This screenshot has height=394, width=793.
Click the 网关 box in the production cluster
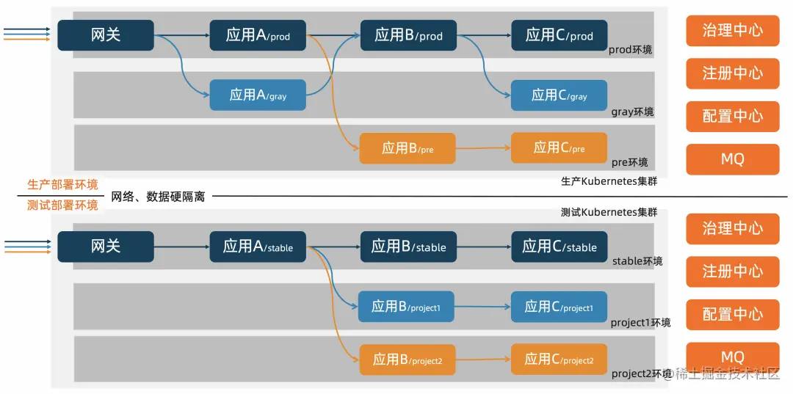click(x=106, y=34)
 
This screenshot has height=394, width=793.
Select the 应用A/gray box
click(x=258, y=95)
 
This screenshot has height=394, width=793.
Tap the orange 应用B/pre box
click(x=408, y=148)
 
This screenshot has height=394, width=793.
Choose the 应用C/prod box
click(x=560, y=34)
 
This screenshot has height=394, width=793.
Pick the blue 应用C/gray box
click(x=560, y=95)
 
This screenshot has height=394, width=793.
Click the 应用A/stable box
click(x=258, y=247)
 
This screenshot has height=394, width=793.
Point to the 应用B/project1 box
click(x=406, y=307)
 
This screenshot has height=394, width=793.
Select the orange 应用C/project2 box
click(x=560, y=359)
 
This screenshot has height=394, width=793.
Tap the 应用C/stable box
click(x=560, y=247)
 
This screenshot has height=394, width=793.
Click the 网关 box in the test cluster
click(x=106, y=247)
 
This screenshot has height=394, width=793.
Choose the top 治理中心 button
click(x=732, y=31)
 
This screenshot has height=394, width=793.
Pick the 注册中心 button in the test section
click(x=732, y=271)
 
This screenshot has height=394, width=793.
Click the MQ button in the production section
click(x=732, y=159)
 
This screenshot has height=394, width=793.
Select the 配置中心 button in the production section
click(x=732, y=116)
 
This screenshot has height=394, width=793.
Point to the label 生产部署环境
click(x=62, y=184)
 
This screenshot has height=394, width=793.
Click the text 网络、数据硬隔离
click(x=158, y=197)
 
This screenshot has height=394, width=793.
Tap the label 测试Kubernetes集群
click(x=609, y=212)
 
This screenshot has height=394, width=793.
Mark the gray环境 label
click(x=632, y=112)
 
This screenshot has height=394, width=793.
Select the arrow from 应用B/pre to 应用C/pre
click(x=483, y=148)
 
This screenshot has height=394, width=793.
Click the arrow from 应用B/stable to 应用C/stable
click(x=483, y=247)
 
